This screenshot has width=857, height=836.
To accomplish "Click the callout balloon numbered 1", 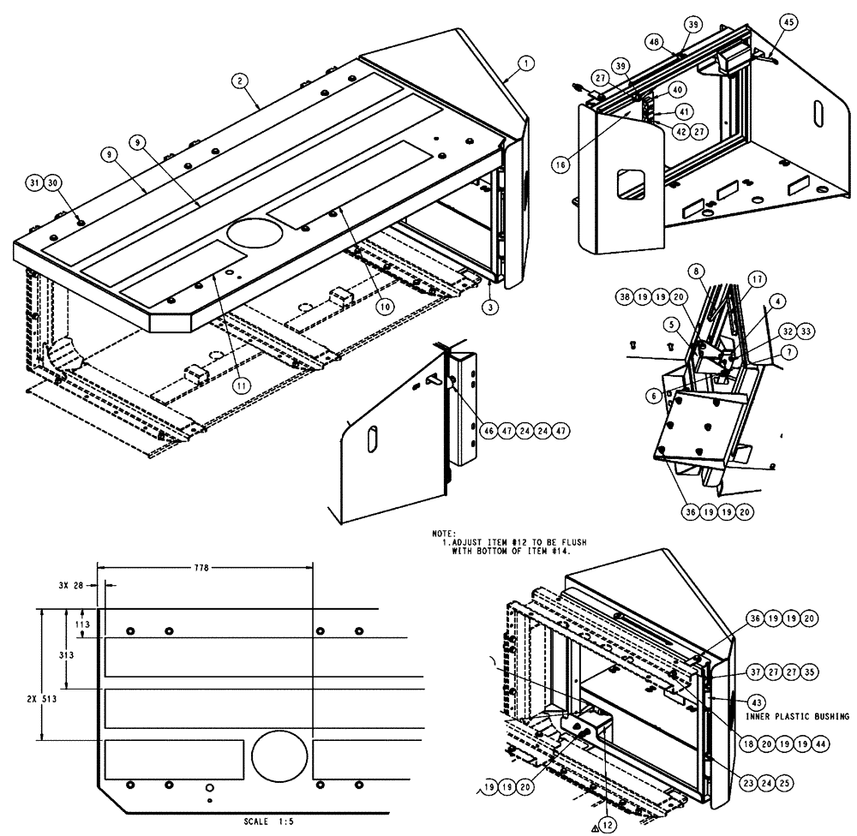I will click(x=526, y=63).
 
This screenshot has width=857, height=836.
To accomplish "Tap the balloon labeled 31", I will click(x=33, y=182).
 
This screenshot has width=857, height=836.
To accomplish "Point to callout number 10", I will click(x=384, y=304).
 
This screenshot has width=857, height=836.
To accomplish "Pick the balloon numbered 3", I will click(x=488, y=307).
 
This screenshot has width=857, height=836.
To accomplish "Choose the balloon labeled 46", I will click(x=488, y=430).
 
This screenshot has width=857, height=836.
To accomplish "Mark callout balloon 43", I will click(x=757, y=702).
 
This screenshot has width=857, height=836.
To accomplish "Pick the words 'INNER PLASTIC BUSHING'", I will click(x=797, y=716).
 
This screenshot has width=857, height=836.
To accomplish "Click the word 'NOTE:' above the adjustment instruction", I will click(x=444, y=534).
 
